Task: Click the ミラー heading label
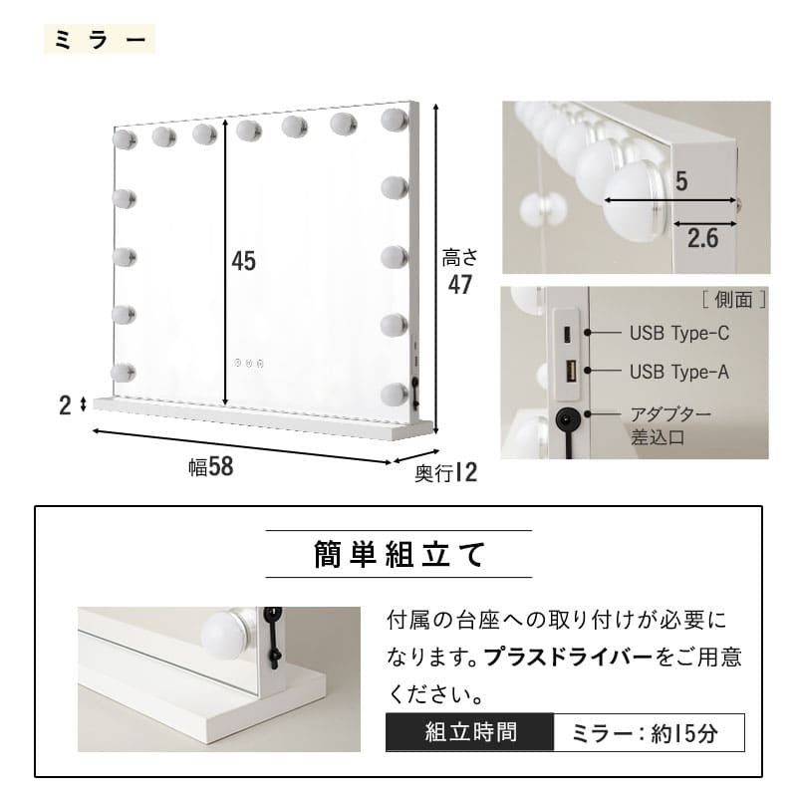tap(100, 39)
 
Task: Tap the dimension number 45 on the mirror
tap(243, 261)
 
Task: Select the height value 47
tap(460, 285)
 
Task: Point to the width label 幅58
tap(211, 466)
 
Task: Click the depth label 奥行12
tap(445, 472)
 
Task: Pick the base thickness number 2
tap(65, 405)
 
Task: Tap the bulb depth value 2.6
tap(703, 238)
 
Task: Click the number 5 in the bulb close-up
tap(681, 181)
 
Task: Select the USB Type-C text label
tap(679, 334)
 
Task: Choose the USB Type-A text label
tap(679, 372)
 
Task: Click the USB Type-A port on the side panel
tap(569, 371)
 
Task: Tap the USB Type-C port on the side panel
tap(567, 335)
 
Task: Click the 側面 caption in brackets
tap(734, 300)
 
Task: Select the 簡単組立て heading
tap(399, 554)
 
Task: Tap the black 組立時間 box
tap(469, 732)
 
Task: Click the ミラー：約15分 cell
tap(649, 732)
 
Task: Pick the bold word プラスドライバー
tap(568, 658)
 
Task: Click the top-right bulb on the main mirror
tap(395, 120)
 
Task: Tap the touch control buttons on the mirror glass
tap(249, 363)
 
